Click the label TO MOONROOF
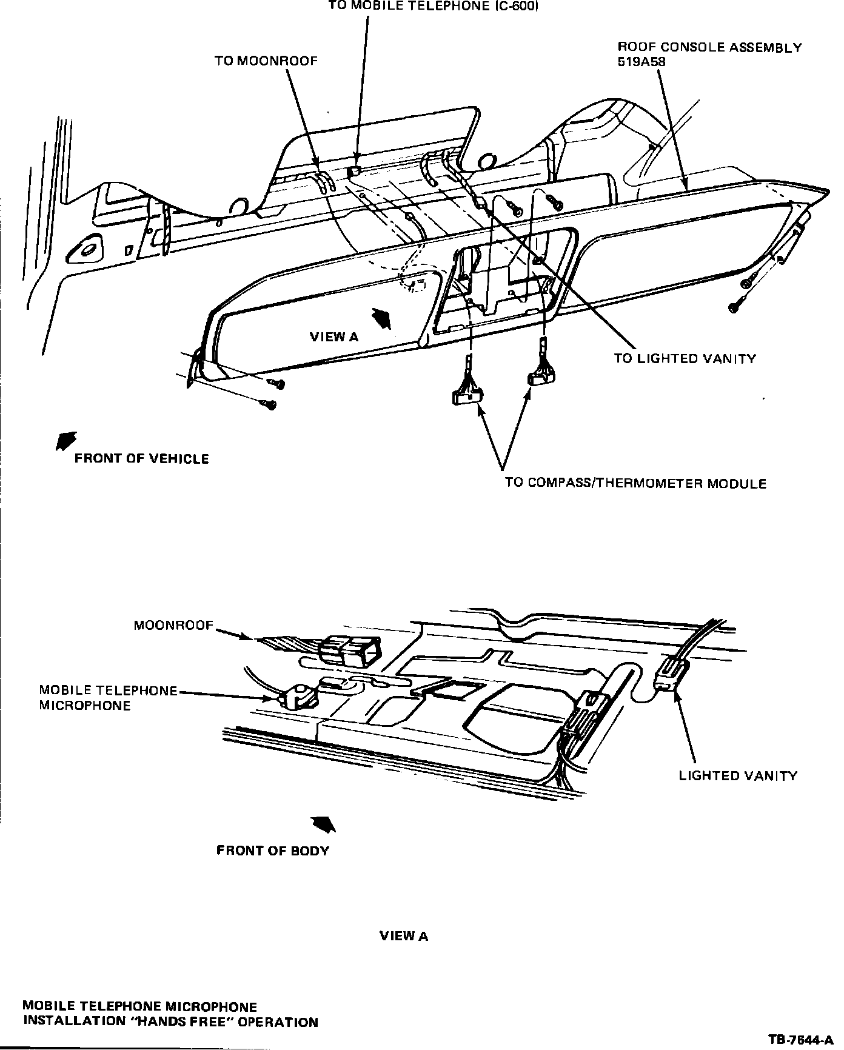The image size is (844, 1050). coord(266,61)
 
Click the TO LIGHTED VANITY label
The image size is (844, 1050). coord(685,359)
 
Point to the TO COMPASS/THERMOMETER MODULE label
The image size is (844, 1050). coord(635,484)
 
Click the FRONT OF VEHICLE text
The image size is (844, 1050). coord(141,459)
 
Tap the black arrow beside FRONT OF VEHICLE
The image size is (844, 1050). coord(65,441)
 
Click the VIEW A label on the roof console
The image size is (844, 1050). coord(334,337)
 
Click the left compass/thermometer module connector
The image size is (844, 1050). coord(467,396)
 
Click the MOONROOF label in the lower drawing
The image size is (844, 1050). coord(174,626)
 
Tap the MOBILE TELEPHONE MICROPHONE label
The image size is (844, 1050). coord(108,698)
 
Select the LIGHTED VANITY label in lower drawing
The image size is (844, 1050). coord(738,776)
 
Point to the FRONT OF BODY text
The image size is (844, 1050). coord(272,851)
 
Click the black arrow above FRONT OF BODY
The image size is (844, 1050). coord(323,824)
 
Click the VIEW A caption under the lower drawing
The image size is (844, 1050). coord(404,937)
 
